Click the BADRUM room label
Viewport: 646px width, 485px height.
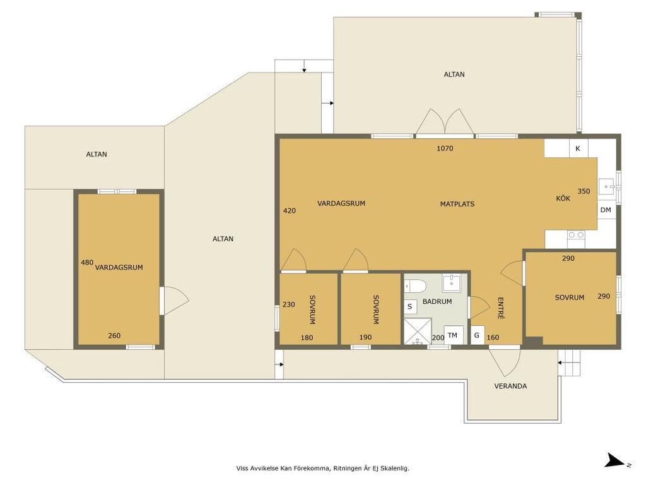(x=437, y=301)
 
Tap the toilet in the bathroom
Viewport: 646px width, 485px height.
(x=413, y=285)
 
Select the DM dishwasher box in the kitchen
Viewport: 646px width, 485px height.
(x=606, y=210)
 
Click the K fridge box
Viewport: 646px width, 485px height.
(x=578, y=148)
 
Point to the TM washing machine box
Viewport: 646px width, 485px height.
(x=453, y=335)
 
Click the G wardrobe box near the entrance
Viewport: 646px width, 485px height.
(x=477, y=335)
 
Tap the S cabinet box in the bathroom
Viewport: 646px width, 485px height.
(x=410, y=306)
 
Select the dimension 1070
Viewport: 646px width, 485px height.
(x=445, y=148)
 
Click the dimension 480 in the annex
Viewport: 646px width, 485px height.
(x=87, y=262)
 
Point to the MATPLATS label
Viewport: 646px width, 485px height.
(x=457, y=204)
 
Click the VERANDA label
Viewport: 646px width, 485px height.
(x=510, y=386)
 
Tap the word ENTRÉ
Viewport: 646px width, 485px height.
(x=501, y=308)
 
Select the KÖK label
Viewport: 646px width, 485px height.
(x=563, y=198)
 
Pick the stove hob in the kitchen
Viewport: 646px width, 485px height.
(x=575, y=235)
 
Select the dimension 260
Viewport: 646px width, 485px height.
(x=114, y=336)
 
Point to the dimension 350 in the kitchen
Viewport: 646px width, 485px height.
(x=584, y=191)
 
